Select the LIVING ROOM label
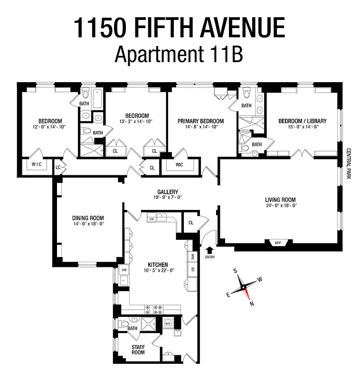(x=280, y=199)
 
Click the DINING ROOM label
(x=88, y=218)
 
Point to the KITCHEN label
(x=158, y=265)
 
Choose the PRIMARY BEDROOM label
(x=200, y=121)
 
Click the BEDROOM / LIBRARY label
(x=303, y=121)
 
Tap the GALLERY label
(x=165, y=192)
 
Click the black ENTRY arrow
(x=210, y=249)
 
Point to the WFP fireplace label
(x=278, y=243)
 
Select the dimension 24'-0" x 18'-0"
(x=280, y=206)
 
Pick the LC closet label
(x=58, y=167)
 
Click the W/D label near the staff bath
(x=167, y=324)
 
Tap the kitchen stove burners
(x=155, y=309)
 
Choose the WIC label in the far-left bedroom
(x=36, y=164)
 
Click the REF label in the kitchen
(x=192, y=269)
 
